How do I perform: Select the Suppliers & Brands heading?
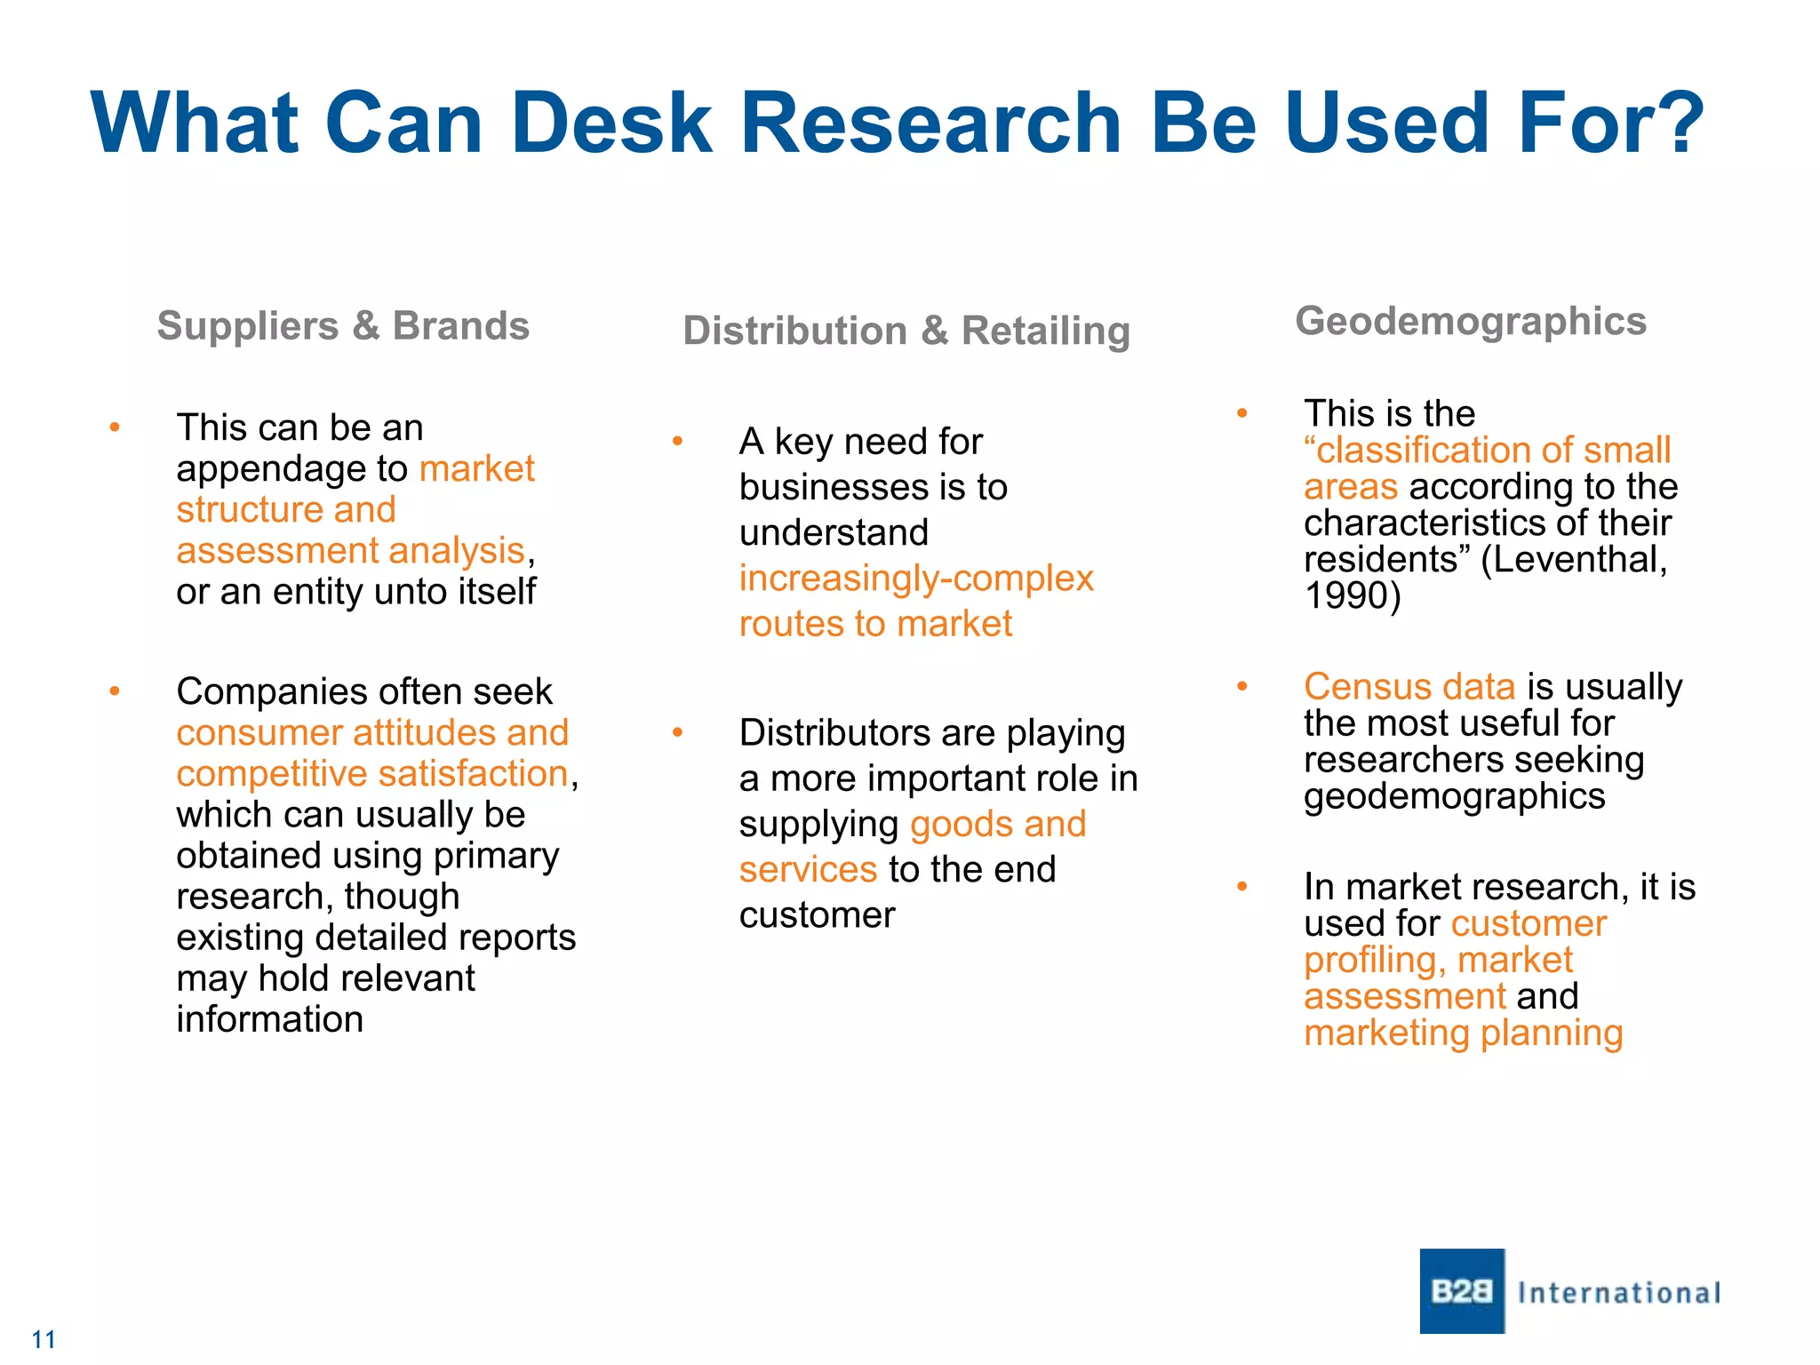coord(343,325)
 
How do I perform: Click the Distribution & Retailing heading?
coord(906,331)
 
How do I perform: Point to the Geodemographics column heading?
coord(1471,321)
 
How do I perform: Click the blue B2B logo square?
coord(1462,1290)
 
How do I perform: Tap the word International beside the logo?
coord(1619,1292)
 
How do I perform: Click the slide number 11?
coord(44,1339)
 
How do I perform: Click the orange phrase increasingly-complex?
coord(916,579)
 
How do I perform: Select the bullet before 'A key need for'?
coord(677,442)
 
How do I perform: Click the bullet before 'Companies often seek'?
coord(115,691)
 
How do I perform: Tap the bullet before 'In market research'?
coord(1242,887)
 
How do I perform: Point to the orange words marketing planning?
coord(1463,1033)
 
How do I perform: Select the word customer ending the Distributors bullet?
coord(817,915)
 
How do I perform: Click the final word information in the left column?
coord(270,1019)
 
